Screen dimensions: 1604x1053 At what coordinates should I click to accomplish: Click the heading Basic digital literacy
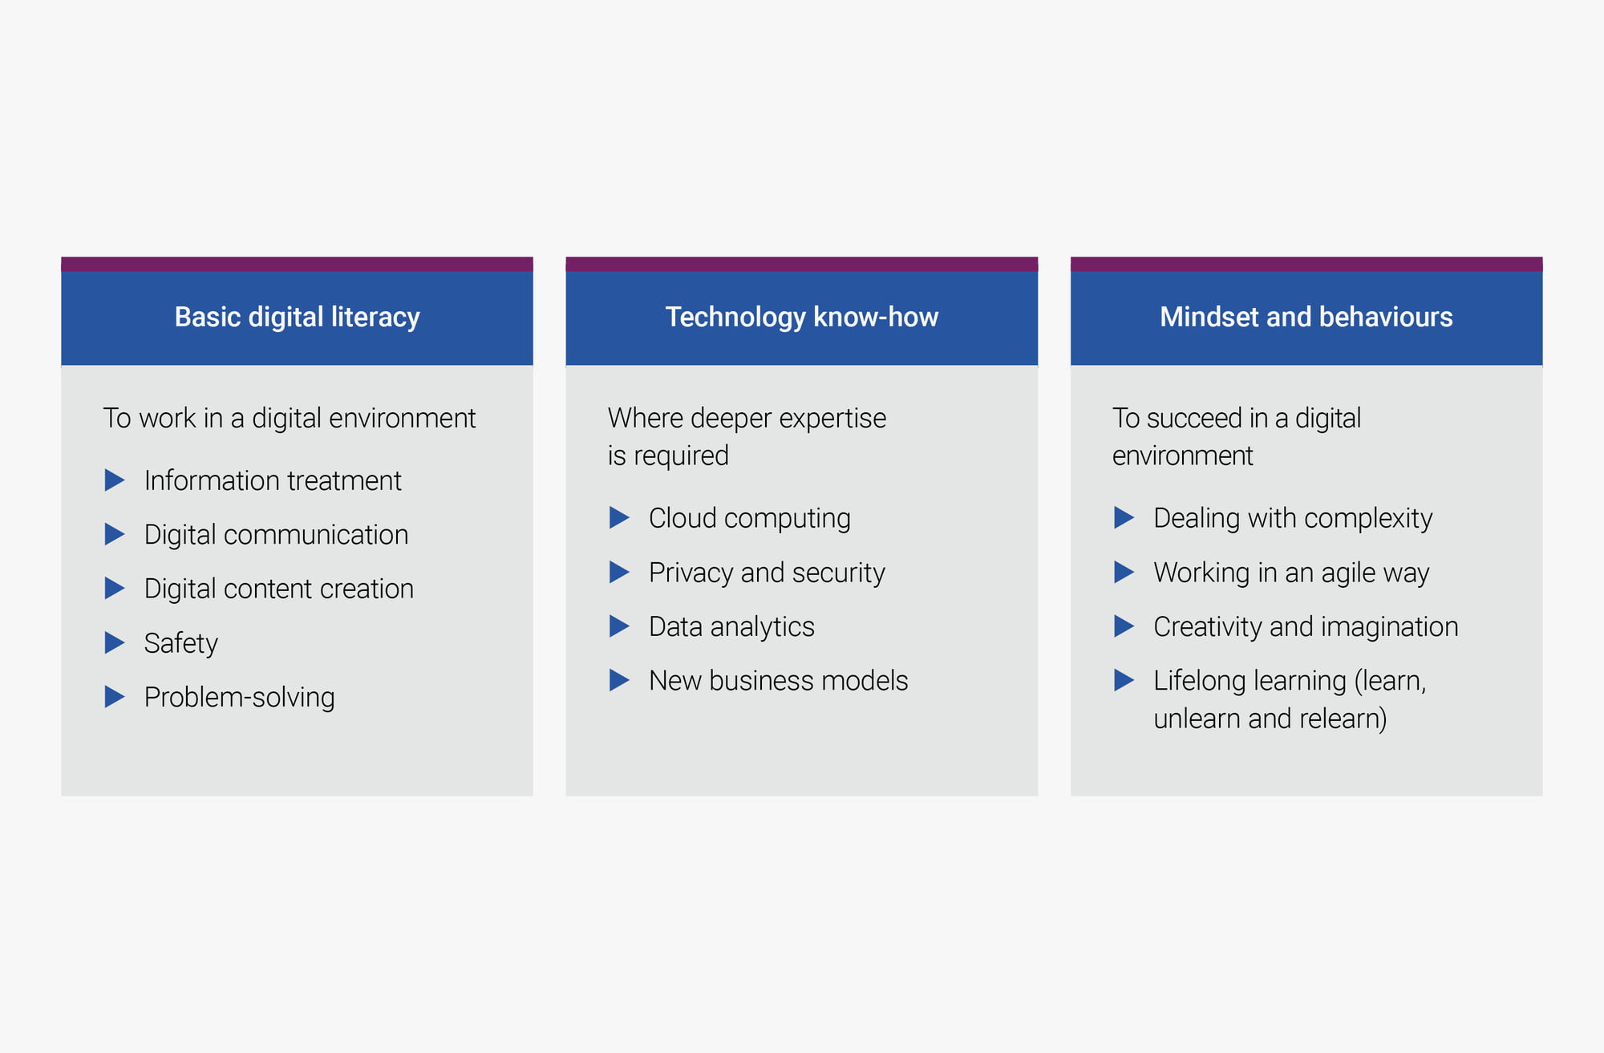[x=297, y=318]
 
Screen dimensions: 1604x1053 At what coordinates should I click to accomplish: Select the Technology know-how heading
[x=801, y=318]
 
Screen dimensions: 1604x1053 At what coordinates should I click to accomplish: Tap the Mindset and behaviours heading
[x=1306, y=317]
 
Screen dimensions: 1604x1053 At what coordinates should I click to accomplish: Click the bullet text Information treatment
[x=273, y=480]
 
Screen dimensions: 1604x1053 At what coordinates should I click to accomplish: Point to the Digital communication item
[x=276, y=535]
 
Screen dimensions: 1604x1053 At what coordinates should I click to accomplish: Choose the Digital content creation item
[x=279, y=589]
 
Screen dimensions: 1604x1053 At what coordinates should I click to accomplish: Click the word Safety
[x=181, y=643]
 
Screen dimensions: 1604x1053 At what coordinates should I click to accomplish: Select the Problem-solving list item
[x=240, y=698]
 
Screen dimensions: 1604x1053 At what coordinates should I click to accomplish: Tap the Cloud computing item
[x=750, y=519]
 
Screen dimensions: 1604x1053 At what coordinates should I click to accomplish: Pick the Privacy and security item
[x=767, y=573]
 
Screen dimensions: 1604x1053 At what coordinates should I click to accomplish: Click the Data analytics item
[x=731, y=627]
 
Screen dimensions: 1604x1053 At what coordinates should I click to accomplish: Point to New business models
[x=779, y=681]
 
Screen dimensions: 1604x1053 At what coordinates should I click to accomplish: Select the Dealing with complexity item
[x=1293, y=519]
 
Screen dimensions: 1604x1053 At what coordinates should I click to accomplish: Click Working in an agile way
[x=1291, y=573]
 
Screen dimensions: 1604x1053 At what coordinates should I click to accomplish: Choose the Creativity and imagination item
[x=1306, y=627]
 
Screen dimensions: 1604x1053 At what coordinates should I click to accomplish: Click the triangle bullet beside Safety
[x=115, y=642]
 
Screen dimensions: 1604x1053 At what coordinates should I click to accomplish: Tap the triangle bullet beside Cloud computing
[x=619, y=517]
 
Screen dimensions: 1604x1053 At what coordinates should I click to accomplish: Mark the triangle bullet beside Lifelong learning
[x=1124, y=680]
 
